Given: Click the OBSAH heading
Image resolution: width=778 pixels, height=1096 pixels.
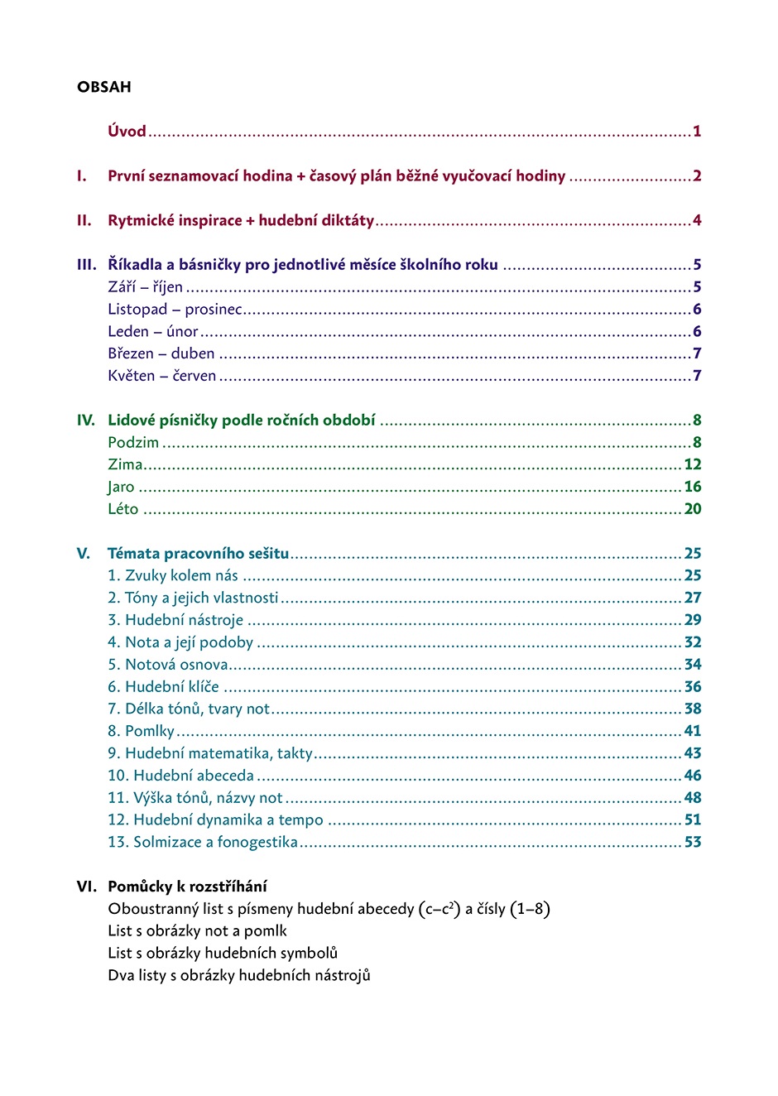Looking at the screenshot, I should click(103, 87).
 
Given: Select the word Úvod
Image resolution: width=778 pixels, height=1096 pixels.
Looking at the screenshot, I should click(127, 131).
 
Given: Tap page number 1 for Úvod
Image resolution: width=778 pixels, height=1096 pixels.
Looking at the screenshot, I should click(697, 131).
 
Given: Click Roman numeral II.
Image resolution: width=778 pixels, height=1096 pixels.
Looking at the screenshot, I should click(84, 220).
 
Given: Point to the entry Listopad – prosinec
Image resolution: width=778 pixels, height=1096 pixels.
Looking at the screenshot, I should click(175, 309).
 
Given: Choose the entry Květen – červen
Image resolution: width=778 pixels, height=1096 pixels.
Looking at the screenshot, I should click(161, 376).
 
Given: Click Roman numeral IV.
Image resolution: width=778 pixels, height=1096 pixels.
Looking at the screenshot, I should click(85, 420).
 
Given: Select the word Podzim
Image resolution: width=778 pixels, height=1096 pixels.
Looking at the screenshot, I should click(133, 442).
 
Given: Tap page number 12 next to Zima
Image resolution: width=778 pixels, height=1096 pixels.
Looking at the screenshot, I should click(693, 464).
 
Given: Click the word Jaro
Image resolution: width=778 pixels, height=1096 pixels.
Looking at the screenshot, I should click(121, 487).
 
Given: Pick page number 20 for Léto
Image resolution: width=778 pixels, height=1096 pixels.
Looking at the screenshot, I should click(693, 509).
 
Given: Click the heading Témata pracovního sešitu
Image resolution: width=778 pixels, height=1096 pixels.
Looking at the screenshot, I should click(199, 553).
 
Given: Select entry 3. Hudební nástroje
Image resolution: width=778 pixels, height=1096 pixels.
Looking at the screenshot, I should click(175, 620).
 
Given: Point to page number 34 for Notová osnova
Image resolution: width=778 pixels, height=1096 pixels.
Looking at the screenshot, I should click(693, 665).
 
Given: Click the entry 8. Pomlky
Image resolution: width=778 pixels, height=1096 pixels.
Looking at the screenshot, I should click(141, 731).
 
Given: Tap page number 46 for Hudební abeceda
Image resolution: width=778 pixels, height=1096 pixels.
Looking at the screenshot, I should click(693, 776).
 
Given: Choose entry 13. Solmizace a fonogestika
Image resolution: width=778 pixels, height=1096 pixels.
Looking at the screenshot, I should click(203, 842).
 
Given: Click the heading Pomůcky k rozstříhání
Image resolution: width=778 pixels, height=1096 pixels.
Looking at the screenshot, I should click(187, 887).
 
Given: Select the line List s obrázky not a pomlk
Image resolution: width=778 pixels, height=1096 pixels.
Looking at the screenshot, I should click(197, 930).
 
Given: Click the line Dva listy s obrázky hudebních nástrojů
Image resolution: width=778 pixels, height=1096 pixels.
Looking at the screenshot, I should click(239, 975).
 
